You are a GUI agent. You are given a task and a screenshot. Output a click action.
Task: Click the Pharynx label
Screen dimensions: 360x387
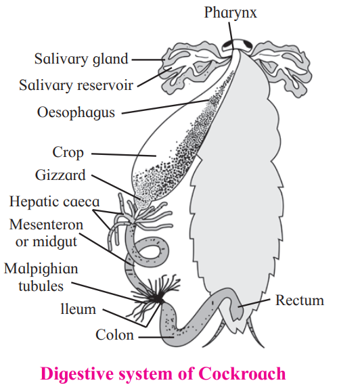(230, 13)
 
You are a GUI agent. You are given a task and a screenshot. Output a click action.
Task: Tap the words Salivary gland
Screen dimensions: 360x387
(81, 60)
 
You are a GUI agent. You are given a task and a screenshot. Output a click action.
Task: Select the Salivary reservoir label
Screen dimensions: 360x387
(76, 85)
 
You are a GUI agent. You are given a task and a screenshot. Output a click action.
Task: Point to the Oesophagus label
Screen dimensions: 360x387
(76, 112)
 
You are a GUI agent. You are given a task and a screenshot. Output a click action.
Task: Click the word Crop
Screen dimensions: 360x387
(68, 152)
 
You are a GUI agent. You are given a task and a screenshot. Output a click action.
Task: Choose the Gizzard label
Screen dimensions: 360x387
(60, 175)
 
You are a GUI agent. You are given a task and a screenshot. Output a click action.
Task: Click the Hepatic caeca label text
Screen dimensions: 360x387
(54, 202)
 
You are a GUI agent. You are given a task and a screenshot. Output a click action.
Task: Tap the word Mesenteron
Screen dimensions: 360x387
(46, 225)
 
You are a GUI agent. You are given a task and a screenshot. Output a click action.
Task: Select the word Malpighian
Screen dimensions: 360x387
(41, 269)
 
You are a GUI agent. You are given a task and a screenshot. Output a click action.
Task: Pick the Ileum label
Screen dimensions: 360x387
(78, 309)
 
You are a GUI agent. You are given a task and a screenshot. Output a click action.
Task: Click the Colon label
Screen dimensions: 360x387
(114, 335)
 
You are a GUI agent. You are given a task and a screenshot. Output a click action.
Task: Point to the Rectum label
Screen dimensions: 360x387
(300, 300)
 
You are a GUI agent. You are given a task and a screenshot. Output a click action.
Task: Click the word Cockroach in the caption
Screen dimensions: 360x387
(242, 373)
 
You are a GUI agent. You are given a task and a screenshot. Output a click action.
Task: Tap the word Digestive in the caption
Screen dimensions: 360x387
(77, 374)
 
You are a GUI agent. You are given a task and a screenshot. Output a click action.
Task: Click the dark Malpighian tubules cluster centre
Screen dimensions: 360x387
(158, 299)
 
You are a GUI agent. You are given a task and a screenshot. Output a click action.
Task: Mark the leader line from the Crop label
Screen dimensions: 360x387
(124, 155)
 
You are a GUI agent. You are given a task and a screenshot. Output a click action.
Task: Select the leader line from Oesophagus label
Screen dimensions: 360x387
(165, 107)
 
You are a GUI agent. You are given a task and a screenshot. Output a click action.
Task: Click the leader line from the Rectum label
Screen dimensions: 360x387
(254, 303)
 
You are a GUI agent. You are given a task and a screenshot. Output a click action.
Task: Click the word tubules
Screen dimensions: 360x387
(41, 286)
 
